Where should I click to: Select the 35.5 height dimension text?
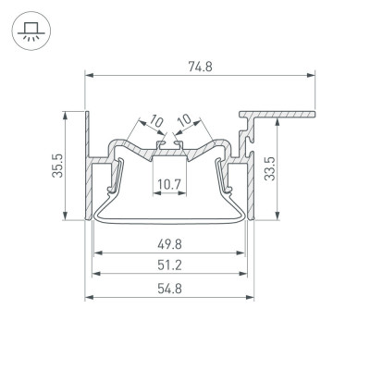click(56, 167)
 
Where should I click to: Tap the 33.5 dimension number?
click(268, 167)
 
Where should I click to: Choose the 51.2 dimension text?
click(170, 266)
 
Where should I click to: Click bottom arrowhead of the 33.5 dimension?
click(277, 218)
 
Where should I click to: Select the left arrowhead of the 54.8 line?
click(88, 298)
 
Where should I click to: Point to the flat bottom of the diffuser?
click(170, 223)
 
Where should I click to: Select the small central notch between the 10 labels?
click(170, 143)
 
